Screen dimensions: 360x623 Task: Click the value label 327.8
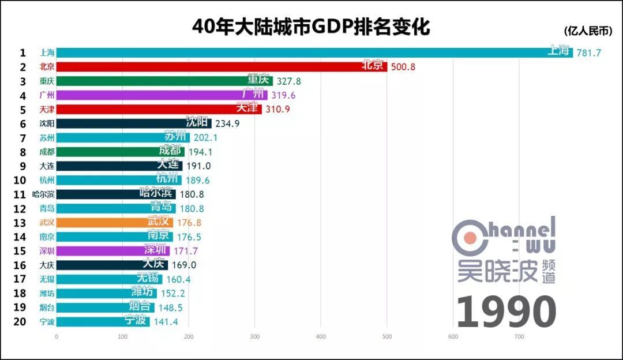[289, 81]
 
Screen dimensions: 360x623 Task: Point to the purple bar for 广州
[162, 95]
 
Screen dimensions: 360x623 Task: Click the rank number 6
[23, 123]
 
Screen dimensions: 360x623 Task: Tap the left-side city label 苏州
[47, 138]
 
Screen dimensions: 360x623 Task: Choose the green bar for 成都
[121, 152]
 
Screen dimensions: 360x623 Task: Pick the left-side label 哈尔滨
[44, 194]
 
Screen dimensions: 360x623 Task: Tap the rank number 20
[20, 322]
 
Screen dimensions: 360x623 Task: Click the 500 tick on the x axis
[387, 337]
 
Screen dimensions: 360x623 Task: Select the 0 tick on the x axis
[57, 337]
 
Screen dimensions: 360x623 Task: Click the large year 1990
[506, 312]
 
